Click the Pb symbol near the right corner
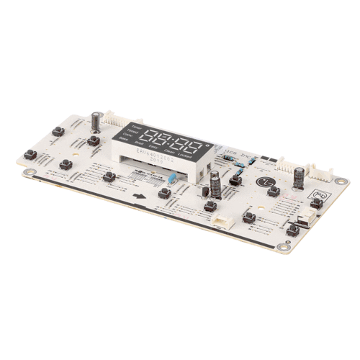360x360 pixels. tap(319, 193)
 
